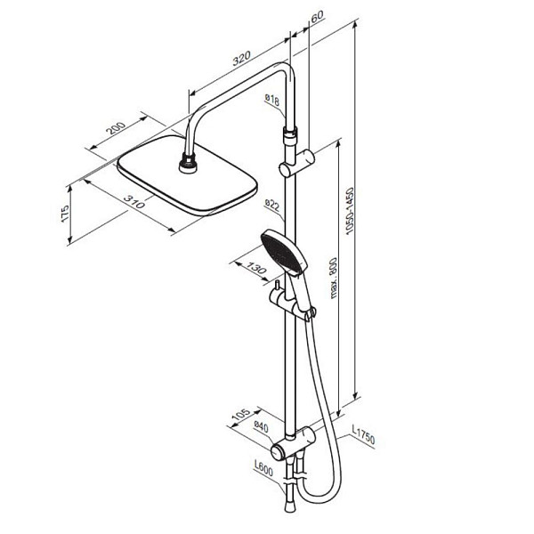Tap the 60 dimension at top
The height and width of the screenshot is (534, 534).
click(x=318, y=17)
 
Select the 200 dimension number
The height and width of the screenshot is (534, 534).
click(x=114, y=130)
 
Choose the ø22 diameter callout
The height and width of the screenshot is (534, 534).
click(x=273, y=206)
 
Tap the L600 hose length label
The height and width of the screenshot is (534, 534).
click(x=262, y=468)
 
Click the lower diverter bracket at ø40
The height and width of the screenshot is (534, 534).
click(x=294, y=441)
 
